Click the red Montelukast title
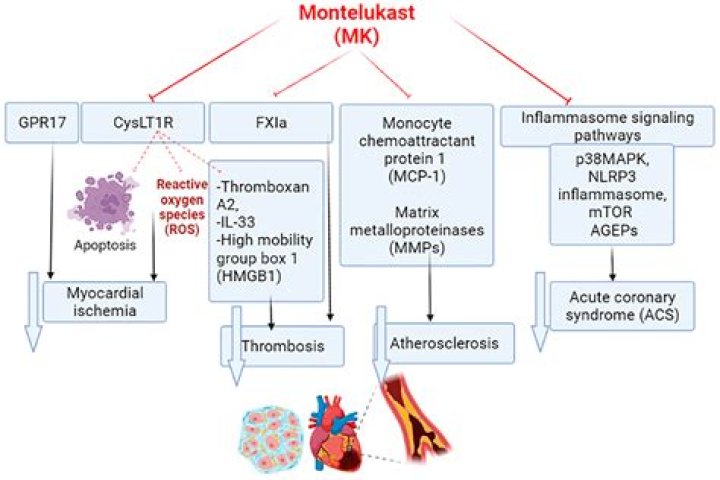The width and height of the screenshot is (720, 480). pos(357,24)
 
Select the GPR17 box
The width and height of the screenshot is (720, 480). pos(42,123)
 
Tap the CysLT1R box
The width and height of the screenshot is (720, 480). pos(143,123)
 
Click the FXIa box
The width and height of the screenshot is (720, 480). pos(271,123)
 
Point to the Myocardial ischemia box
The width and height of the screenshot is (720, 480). pos(105,302)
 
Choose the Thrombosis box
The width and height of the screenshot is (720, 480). pos(283,346)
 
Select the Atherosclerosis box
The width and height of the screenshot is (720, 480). pos(444,343)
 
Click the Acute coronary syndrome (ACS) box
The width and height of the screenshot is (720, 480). pos(622,306)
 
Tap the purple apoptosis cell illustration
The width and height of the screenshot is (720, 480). pos(103,201)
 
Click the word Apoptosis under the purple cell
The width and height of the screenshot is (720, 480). pos(105,245)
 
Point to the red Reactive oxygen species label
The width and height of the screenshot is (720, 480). pos(182,207)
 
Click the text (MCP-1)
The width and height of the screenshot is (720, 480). pos(416,176)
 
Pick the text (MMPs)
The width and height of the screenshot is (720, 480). pos(416,248)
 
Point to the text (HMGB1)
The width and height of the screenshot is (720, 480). pos(248,276)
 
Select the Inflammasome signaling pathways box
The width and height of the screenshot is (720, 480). pos(608,126)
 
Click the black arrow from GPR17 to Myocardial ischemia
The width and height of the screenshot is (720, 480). pos(51,211)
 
